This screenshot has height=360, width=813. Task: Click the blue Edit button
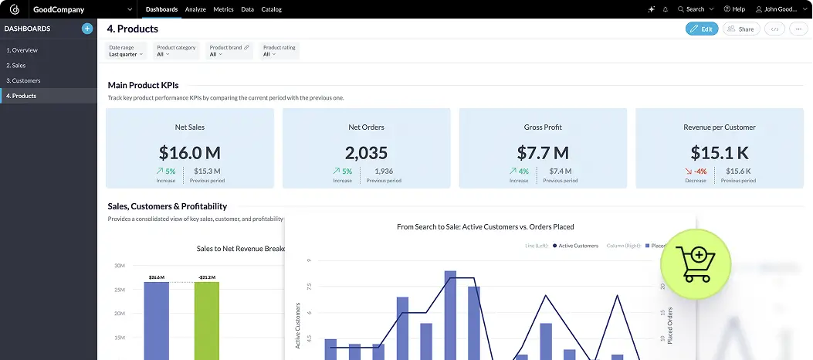[701, 29]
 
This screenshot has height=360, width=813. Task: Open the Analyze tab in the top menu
[195, 9]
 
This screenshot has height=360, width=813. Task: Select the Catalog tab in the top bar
[271, 9]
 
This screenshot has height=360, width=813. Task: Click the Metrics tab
[223, 9]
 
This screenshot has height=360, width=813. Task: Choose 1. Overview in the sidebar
[22, 50]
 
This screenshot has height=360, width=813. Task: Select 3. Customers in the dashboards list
[24, 80]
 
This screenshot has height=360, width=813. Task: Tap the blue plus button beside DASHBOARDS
[87, 29]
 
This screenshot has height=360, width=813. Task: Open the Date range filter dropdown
[125, 51]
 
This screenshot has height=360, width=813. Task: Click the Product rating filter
[279, 51]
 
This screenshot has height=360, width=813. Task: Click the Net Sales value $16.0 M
[190, 152]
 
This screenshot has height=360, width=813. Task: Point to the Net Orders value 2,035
[366, 152]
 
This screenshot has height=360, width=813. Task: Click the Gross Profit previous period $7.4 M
[561, 172]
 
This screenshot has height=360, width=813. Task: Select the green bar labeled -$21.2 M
[206, 317]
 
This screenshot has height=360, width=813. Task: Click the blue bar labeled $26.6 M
[157, 317]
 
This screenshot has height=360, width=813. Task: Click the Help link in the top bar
[733, 9]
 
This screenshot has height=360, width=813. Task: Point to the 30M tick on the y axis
[120, 265]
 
